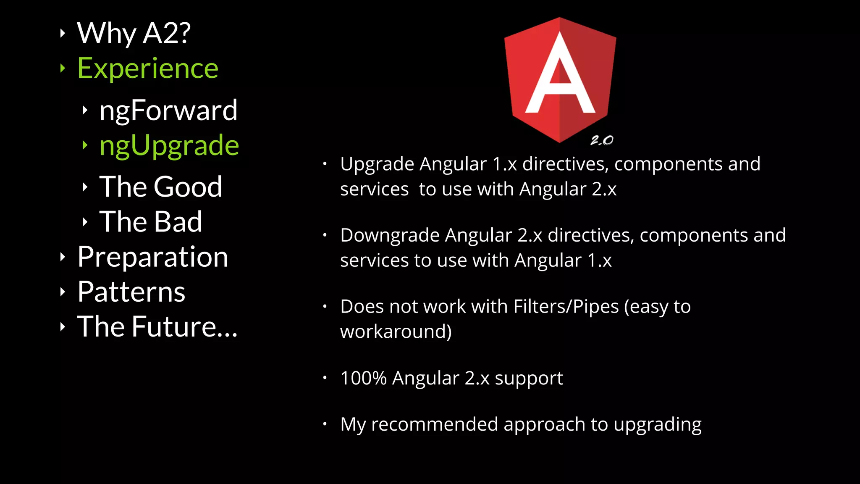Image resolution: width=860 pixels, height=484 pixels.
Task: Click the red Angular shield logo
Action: (x=560, y=80)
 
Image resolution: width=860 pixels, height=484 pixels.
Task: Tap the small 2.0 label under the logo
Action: (x=602, y=140)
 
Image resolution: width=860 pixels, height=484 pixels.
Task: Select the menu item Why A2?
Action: (x=134, y=33)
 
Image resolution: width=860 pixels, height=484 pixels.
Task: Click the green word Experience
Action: (x=148, y=68)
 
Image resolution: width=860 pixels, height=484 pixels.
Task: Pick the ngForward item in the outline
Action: (x=168, y=110)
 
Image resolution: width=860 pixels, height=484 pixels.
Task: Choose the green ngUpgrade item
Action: (x=169, y=145)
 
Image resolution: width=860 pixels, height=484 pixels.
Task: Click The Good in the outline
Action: (x=161, y=187)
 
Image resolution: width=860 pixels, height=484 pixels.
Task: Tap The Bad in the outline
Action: (x=151, y=221)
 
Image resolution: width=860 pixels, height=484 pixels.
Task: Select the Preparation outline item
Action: (x=153, y=257)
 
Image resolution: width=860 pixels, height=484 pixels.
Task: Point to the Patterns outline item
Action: (x=131, y=292)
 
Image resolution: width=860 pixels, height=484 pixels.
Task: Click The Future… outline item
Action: (x=157, y=326)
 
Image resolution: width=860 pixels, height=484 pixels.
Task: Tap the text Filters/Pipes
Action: (x=566, y=307)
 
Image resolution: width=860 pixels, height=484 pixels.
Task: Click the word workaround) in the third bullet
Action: (x=396, y=331)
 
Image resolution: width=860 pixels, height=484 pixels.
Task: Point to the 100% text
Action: (x=363, y=378)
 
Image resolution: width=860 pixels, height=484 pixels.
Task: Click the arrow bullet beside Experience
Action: (x=63, y=68)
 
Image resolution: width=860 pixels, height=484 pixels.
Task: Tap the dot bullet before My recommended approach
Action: (x=325, y=424)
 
